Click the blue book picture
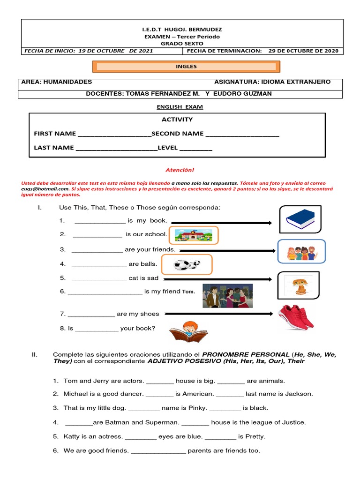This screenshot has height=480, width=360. point(300,219)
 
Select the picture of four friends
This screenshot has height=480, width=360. point(301,251)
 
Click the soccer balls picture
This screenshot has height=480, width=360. point(187,264)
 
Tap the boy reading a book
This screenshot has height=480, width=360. point(188,332)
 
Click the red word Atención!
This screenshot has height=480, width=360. point(180,171)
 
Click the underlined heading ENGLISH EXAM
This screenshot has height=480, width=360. point(180,107)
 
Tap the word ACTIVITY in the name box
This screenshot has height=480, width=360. point(177,120)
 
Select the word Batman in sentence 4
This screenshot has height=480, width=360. point(117,422)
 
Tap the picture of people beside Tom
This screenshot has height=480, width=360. point(227,296)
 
